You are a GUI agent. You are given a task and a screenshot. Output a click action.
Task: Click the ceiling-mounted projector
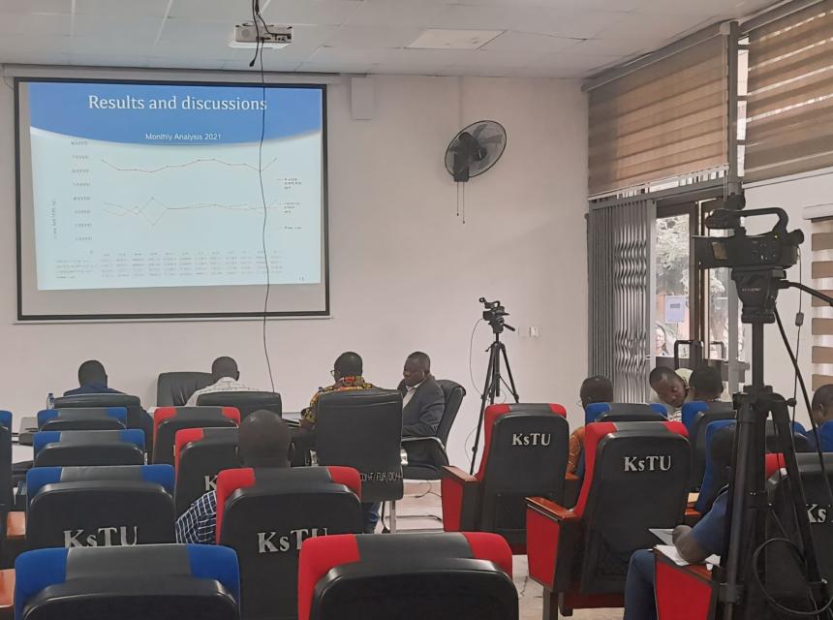click(x=262, y=35)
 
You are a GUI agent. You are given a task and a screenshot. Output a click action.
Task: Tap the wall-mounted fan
click(x=475, y=149)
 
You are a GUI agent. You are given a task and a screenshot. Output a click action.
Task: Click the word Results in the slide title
click(x=120, y=102)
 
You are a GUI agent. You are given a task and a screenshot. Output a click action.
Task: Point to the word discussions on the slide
click(x=218, y=102)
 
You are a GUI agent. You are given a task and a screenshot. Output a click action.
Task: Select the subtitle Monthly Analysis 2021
click(x=182, y=137)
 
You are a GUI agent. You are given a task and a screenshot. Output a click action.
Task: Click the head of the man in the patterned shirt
click(x=348, y=366)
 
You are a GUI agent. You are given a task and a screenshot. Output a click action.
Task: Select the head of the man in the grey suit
click(x=417, y=366)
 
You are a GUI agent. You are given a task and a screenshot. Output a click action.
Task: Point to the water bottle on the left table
click(x=49, y=399)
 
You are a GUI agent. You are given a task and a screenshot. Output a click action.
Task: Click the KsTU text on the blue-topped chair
click(x=100, y=536)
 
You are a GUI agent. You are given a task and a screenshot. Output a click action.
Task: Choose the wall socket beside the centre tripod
click(x=529, y=331)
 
